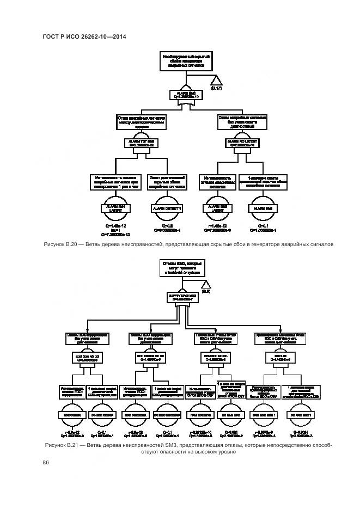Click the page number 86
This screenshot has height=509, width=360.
coord(46,463)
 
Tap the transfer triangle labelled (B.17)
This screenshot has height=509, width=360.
coord(216,80)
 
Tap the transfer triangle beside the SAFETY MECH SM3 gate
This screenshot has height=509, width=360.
coord(205,285)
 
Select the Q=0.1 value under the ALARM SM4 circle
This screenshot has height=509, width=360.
coord(262,225)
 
